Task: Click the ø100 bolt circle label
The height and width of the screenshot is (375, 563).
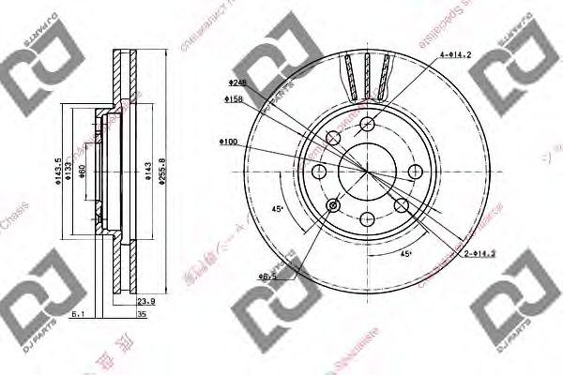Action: click(228, 142)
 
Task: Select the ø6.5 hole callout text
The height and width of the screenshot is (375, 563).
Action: click(269, 276)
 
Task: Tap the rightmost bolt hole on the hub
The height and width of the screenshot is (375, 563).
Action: click(413, 171)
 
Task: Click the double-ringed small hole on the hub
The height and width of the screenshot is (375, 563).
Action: click(333, 204)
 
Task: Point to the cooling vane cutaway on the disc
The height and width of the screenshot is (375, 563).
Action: click(367, 75)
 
